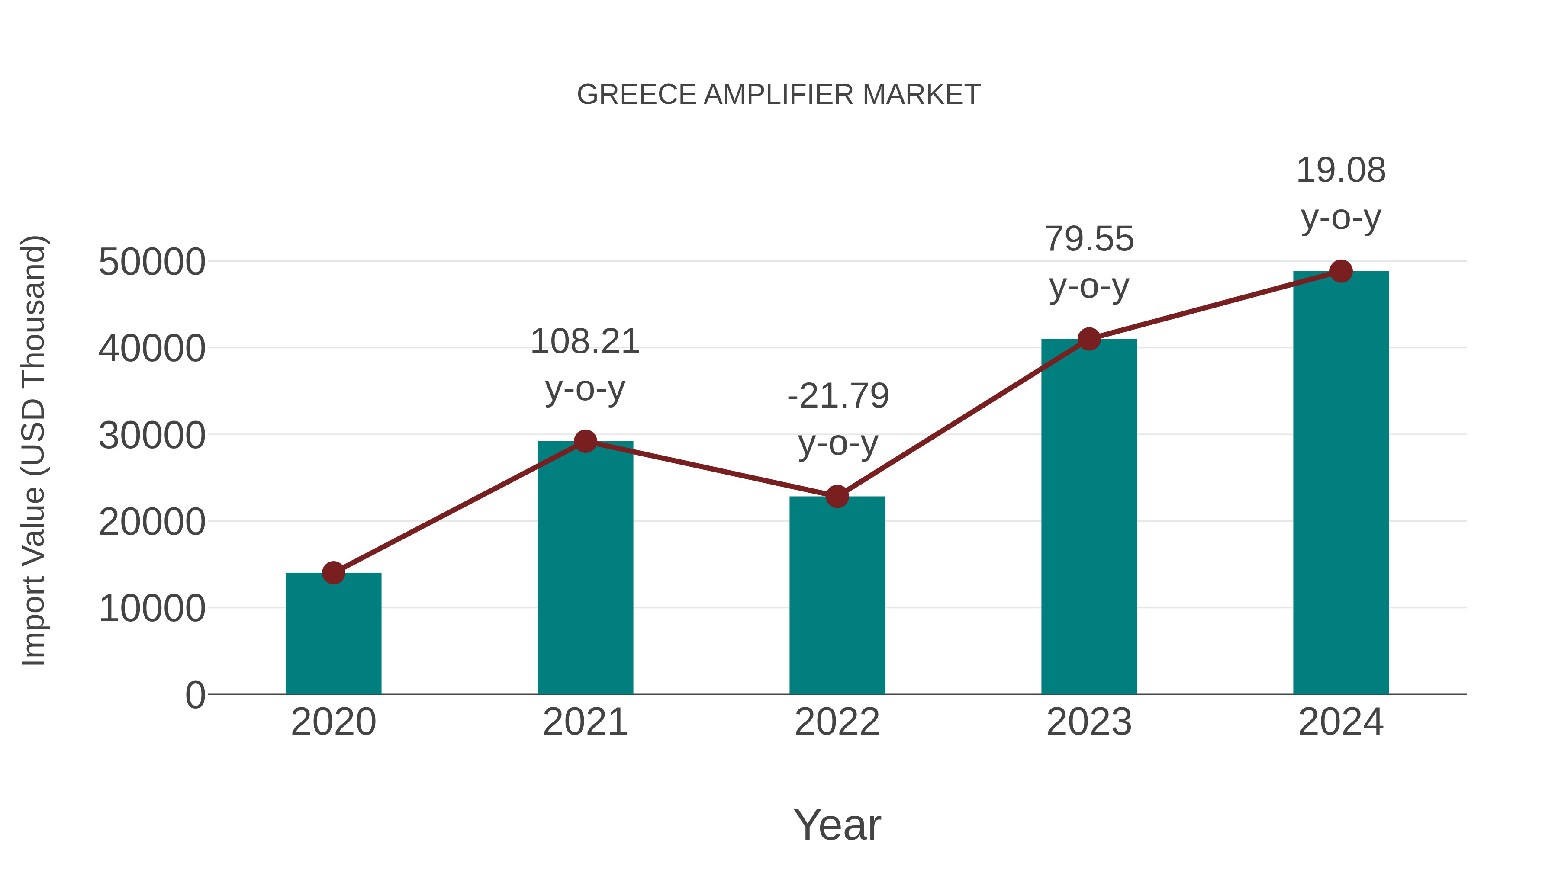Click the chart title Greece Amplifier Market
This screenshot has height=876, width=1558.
(x=779, y=95)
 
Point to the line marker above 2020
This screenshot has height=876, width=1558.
(x=333, y=572)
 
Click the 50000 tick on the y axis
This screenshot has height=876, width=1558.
(x=152, y=263)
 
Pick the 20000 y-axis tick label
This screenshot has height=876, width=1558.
(x=152, y=522)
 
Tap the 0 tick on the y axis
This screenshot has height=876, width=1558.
(x=195, y=695)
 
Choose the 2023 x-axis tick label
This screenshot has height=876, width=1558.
(x=1089, y=722)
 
